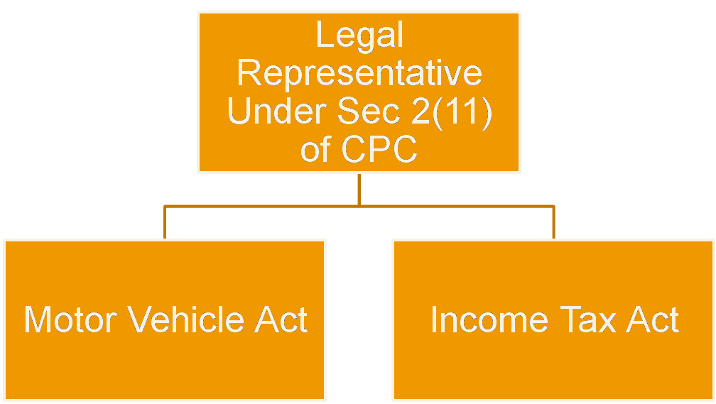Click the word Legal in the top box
(x=359, y=36)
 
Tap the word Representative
(x=359, y=73)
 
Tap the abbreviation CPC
(x=379, y=150)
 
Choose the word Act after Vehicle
(x=281, y=320)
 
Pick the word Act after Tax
(x=652, y=320)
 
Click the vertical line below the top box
(x=359, y=189)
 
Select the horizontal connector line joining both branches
(x=284, y=206)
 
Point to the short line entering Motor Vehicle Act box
(x=164, y=223)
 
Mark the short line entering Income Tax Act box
(x=553, y=223)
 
